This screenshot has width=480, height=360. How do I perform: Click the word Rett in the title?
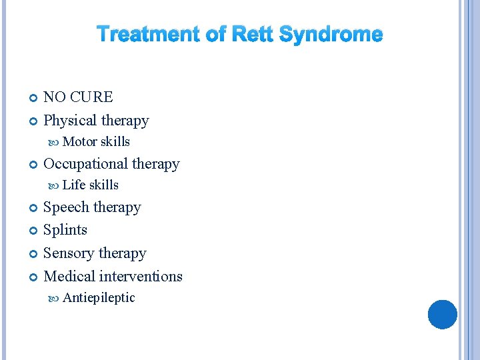[x=253, y=35]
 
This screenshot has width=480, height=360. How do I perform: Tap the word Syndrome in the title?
[x=331, y=35]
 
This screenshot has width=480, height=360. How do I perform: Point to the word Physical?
[x=69, y=121]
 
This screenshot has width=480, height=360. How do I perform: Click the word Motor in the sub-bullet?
[x=80, y=141]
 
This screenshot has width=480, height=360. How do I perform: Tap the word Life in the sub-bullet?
[x=74, y=185]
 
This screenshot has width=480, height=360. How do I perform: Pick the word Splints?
[x=65, y=230]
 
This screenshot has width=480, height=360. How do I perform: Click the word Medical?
[x=69, y=276]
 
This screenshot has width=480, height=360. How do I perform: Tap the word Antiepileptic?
[x=99, y=298]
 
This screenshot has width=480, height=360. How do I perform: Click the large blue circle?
[x=442, y=314]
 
